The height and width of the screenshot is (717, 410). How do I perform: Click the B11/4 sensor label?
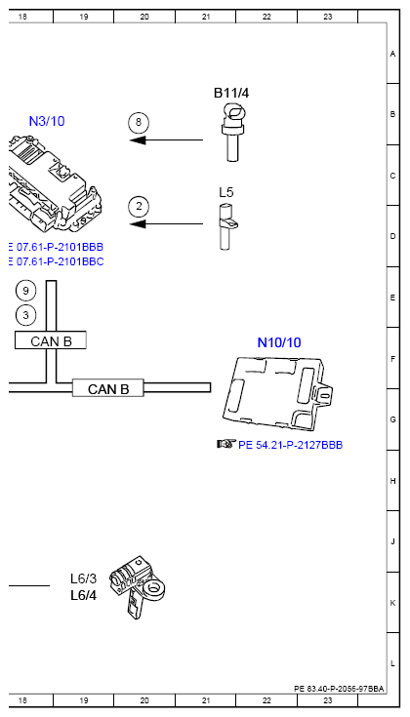click(232, 93)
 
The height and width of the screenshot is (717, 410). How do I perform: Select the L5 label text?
click(225, 193)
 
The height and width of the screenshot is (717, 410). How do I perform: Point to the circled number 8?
click(140, 123)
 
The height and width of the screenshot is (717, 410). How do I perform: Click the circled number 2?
click(140, 206)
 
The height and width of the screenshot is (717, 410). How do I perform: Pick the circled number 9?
click(26, 291)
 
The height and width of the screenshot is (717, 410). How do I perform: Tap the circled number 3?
click(26, 314)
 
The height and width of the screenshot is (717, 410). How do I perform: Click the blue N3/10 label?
click(47, 121)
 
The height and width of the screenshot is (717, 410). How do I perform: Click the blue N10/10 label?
click(279, 342)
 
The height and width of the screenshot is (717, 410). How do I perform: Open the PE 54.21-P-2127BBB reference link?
click(290, 445)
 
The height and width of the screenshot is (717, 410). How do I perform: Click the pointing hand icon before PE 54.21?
click(225, 444)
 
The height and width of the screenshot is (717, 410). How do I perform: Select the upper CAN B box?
click(51, 340)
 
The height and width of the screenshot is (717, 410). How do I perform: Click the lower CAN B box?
click(108, 388)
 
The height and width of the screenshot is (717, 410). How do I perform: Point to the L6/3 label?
click(83, 578)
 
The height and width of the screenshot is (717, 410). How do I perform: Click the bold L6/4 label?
click(83, 594)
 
